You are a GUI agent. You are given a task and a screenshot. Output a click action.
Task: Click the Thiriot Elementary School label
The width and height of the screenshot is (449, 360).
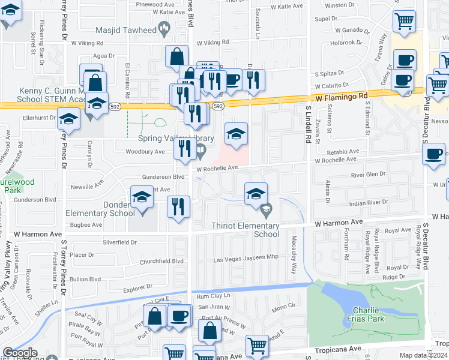point(246,230)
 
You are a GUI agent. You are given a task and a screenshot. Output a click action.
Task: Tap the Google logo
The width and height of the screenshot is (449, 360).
point(20,353)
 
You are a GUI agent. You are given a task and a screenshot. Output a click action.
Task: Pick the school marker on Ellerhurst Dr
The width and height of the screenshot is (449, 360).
point(69,119)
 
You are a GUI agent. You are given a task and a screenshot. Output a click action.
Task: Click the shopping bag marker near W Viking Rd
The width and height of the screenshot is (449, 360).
point(177,58)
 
